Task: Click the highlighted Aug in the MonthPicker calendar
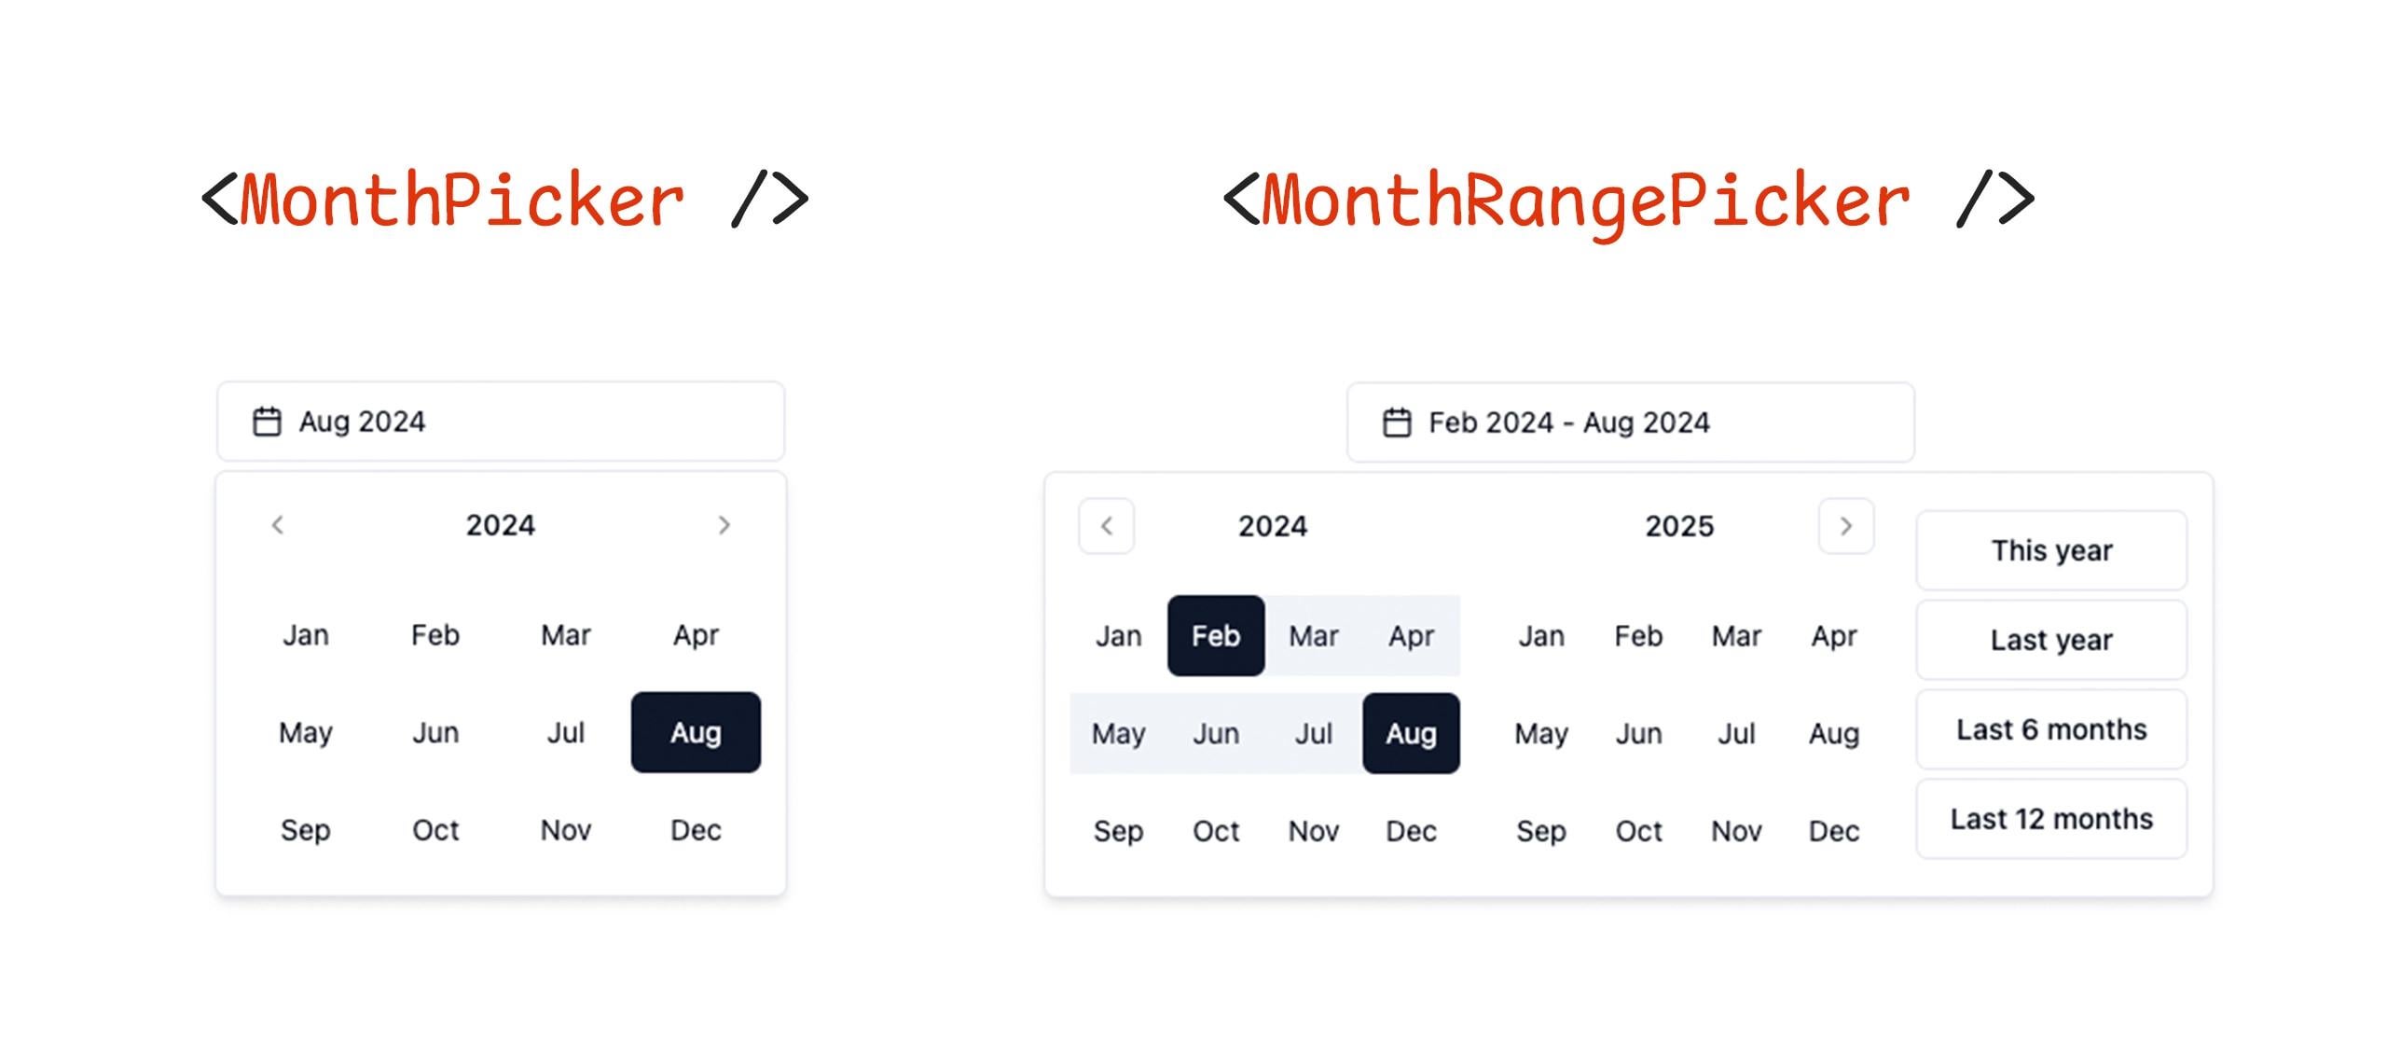click(x=696, y=732)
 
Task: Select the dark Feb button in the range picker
click(x=1216, y=635)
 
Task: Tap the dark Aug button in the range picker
click(x=1411, y=733)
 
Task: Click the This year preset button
click(x=2051, y=550)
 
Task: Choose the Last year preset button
click(x=2051, y=640)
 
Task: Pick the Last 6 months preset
click(x=2051, y=729)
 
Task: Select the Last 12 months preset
click(x=2051, y=819)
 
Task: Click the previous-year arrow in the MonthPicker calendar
click(x=277, y=525)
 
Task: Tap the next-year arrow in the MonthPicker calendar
click(x=724, y=525)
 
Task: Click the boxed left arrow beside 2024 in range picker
click(x=1107, y=526)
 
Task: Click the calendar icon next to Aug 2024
click(x=267, y=422)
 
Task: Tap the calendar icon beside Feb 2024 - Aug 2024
click(x=1397, y=423)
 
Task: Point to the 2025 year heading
click(x=1679, y=526)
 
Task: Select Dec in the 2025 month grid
click(x=1834, y=831)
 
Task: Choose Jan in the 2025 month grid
click(x=1541, y=636)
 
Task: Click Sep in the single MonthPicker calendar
click(x=306, y=830)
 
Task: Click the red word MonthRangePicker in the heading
click(x=1585, y=201)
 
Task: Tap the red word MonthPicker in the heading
click(x=462, y=200)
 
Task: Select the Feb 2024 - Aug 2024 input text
click(x=1569, y=423)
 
